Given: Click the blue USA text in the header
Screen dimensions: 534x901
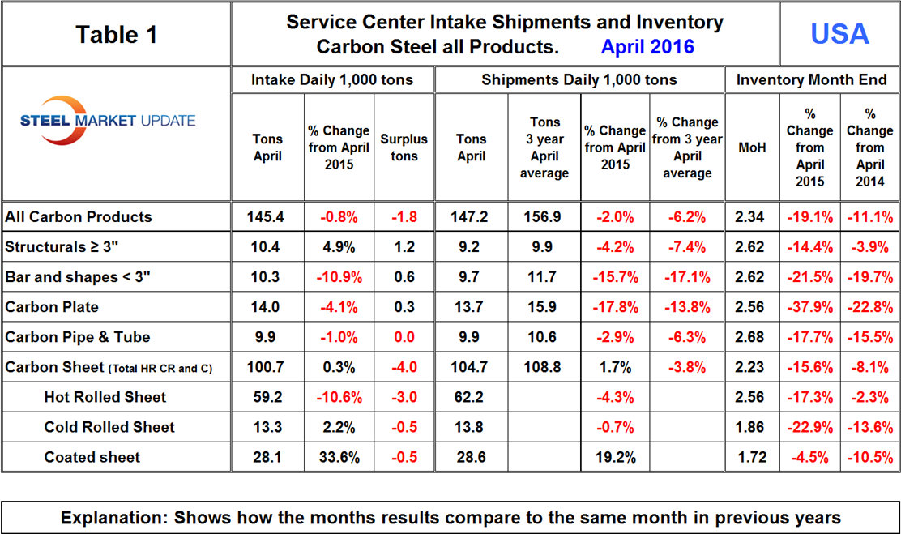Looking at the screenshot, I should pos(839,34).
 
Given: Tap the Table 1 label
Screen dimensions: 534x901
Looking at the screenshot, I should pos(116,34).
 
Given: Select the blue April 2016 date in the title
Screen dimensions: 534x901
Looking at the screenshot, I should pos(647,46).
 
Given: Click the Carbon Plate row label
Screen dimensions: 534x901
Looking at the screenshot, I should pos(51,307).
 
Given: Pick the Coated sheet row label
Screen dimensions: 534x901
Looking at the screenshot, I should pos(92,457).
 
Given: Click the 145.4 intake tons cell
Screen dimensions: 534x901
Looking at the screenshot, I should pos(267,217).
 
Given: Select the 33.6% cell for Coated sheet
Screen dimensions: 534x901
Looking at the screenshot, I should pos(339,457).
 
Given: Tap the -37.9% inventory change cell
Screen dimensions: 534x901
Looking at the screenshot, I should pos(810,307).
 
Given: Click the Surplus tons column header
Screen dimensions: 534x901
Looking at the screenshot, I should pos(404,147).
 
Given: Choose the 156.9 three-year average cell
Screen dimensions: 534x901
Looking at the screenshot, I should pos(544,217).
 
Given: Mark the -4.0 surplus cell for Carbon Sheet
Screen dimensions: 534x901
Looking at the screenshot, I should pos(404,367).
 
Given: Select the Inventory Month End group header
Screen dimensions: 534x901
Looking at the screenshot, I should pos(812,79).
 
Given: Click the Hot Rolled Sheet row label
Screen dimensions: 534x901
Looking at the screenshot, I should pos(105,397).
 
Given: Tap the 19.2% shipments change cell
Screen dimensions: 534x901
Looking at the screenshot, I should pos(615,457).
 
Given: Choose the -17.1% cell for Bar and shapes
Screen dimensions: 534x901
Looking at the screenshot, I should pos(686,277).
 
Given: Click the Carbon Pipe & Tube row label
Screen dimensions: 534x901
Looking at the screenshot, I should pos(78,337).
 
